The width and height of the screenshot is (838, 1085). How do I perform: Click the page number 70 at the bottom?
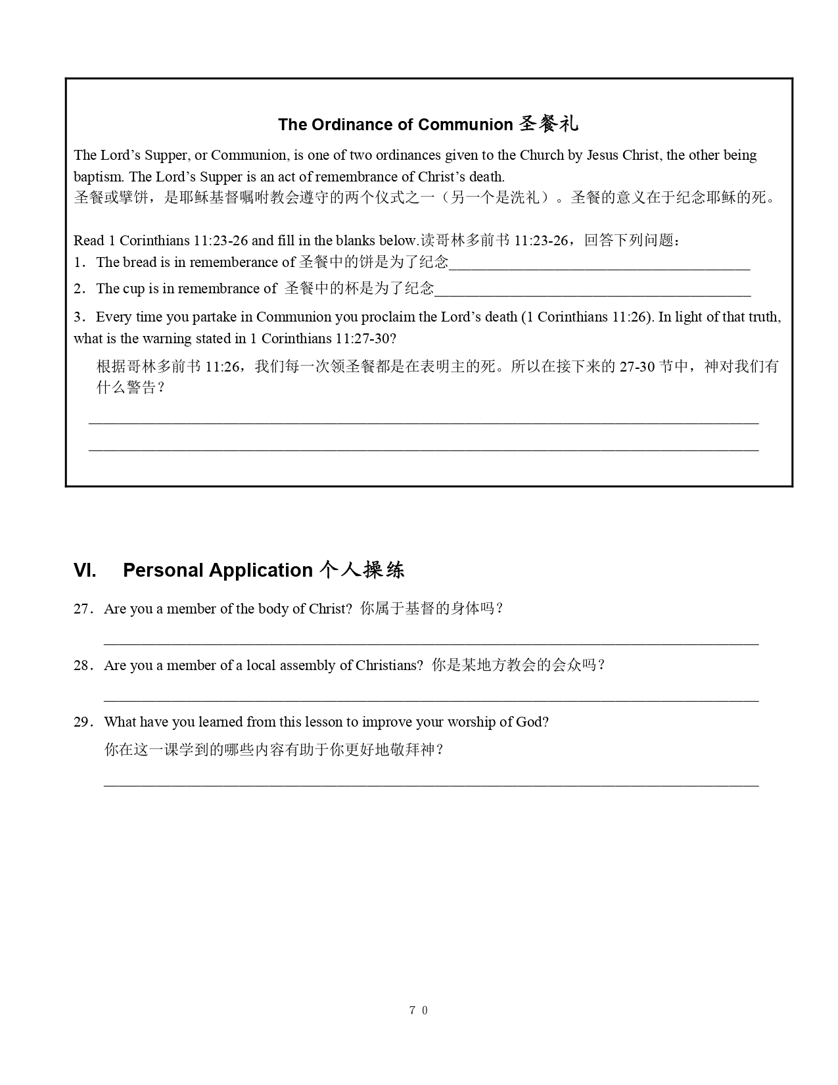[419, 1011]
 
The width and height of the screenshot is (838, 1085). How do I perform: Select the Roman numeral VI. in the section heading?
[85, 570]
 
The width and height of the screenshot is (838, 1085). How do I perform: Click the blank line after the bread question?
[599, 268]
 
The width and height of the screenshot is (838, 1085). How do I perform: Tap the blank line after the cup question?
[592, 295]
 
